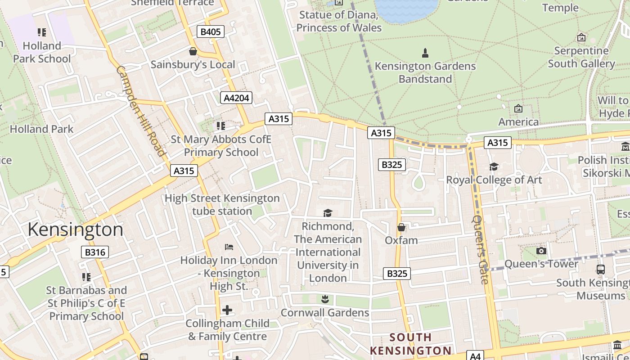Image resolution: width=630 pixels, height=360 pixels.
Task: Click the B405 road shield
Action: [210, 31]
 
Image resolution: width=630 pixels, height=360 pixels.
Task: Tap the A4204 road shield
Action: [236, 98]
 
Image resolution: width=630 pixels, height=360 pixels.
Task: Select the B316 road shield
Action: [95, 252]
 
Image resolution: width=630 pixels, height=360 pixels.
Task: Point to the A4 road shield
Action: [475, 356]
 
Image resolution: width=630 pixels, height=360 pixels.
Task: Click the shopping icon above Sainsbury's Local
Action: [193, 51]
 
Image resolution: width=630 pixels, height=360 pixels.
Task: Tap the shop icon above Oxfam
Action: [401, 227]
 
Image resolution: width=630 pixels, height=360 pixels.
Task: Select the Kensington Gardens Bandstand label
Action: [425, 72]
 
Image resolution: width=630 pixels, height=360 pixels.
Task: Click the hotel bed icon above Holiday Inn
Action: [229, 247]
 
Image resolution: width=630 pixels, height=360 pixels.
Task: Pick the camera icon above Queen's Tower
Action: [541, 251]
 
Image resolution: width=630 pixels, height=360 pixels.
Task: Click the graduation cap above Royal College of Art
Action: [494, 166]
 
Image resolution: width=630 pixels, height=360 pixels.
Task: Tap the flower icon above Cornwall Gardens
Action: [324, 298]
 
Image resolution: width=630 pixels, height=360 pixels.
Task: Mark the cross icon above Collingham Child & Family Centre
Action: [227, 310]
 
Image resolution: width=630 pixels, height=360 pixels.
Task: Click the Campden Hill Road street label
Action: [141, 111]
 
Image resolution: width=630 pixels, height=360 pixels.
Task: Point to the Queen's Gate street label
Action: [481, 249]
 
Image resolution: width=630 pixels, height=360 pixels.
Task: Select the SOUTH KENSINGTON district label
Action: [410, 344]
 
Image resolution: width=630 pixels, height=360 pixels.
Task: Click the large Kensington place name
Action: [75, 229]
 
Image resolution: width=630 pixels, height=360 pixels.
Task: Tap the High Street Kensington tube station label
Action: [222, 204]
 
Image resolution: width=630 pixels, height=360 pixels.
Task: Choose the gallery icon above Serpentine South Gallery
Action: [581, 37]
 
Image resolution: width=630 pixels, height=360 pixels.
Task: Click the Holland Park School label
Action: [42, 52]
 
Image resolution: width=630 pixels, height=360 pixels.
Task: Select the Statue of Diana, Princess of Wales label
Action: [339, 21]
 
